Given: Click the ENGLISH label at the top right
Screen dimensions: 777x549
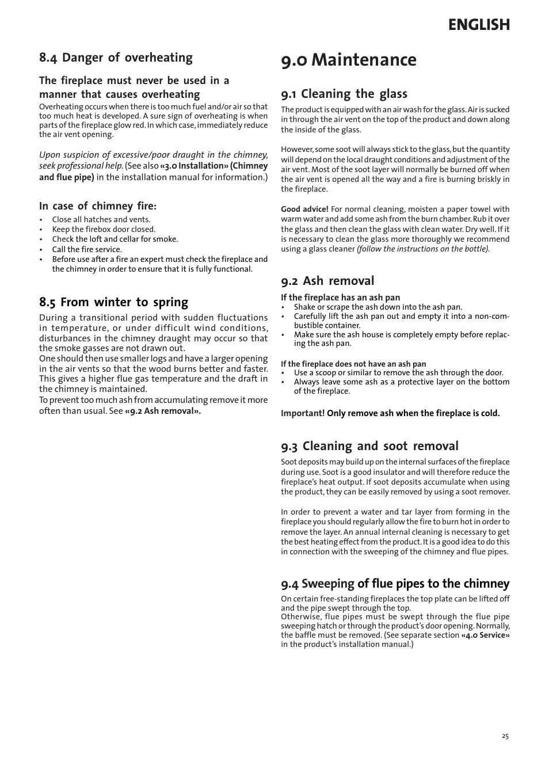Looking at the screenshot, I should point(479,25).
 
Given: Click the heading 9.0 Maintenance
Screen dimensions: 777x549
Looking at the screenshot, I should point(349,60).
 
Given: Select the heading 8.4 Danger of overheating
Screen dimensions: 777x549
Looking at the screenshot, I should point(116,58).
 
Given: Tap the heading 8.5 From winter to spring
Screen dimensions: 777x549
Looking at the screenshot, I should point(113,302).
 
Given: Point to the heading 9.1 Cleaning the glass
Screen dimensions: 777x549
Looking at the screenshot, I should point(344,94).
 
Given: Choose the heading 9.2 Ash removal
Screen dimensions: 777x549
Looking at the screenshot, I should point(327,281).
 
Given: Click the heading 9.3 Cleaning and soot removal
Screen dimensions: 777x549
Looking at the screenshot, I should point(369,446).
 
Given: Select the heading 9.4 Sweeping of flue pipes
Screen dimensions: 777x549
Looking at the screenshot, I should point(395,584).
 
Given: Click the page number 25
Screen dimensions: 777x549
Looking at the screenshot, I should point(505,736).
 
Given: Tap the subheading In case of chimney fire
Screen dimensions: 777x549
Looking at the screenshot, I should point(98,206).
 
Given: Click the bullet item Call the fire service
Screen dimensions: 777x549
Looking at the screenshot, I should point(87,249).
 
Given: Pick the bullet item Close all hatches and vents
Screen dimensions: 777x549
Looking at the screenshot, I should point(101,219).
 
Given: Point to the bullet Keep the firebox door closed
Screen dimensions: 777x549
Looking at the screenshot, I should point(104,229).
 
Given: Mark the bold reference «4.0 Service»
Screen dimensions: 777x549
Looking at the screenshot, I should point(485,635).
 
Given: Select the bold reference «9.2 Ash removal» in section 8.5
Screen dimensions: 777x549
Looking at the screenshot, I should point(163,411).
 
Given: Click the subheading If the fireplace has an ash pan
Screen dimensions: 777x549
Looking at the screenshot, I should point(340,298).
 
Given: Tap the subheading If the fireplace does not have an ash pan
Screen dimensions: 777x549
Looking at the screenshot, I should point(353,364).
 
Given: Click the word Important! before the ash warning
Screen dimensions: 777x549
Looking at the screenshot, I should point(303,413).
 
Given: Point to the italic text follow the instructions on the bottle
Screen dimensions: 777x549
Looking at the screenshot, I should point(423,249).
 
